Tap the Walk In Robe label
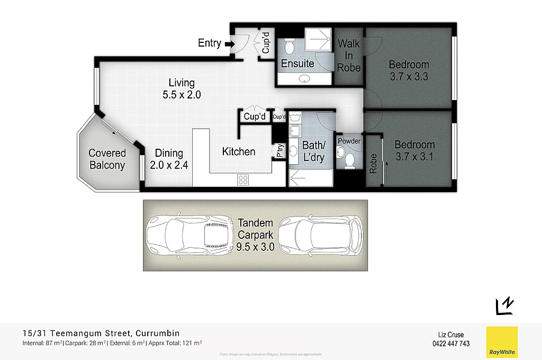pyautogui.click(x=349, y=55)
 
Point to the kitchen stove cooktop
pyautogui.click(x=243, y=179)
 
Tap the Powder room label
pyautogui.click(x=349, y=141)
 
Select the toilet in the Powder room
pyautogui.click(x=348, y=159)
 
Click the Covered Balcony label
pyautogui.click(x=107, y=159)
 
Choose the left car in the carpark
pyautogui.click(x=188, y=235)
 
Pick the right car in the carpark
pyautogui.click(x=321, y=235)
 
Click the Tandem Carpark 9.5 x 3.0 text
pyautogui.click(x=256, y=235)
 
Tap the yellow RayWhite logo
pyautogui.click(x=501, y=341)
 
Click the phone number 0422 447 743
pyautogui.click(x=451, y=344)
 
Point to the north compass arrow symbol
pyautogui.click(x=504, y=305)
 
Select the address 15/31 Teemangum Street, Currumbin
pyautogui.click(x=101, y=333)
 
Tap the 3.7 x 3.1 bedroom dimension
pyautogui.click(x=414, y=157)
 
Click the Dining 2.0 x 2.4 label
pyautogui.click(x=169, y=159)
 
